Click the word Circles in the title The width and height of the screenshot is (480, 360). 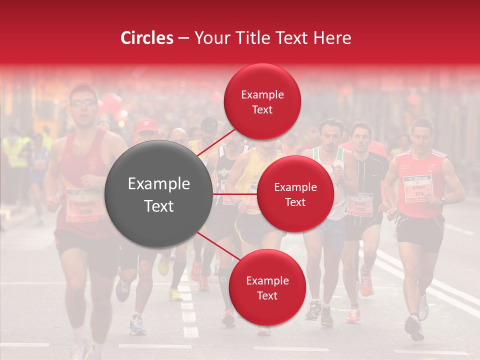tap(146, 37)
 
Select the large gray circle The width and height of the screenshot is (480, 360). tap(159, 194)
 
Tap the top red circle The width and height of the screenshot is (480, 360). tap(262, 101)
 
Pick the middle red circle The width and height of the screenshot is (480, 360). tap(295, 194)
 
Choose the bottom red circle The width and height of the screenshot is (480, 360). tap(267, 287)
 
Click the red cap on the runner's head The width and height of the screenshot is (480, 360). tap(146, 125)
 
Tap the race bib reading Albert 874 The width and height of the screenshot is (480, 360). tap(417, 188)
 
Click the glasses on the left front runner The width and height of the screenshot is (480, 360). tap(83, 103)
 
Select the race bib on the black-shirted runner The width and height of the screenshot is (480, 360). tap(360, 204)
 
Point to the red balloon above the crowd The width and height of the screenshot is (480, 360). tap(112, 103)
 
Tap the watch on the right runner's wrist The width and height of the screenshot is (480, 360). tap(442, 199)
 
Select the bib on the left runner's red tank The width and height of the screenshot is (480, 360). tap(84, 204)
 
